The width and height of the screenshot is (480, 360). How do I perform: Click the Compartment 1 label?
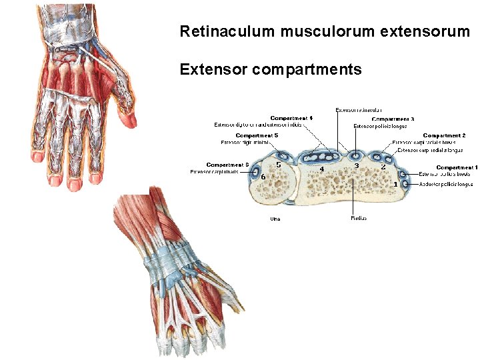[x=457, y=167]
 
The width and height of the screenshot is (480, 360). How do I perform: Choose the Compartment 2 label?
[x=444, y=135]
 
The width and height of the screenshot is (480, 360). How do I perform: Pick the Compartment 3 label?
[x=393, y=119]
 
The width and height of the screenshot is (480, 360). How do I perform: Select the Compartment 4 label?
[x=291, y=118]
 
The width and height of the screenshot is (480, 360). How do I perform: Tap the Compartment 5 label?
[x=257, y=135]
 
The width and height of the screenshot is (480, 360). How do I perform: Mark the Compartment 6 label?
[x=227, y=165]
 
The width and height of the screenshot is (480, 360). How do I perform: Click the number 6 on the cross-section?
[x=263, y=177]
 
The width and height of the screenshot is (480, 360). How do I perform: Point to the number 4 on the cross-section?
[x=322, y=169]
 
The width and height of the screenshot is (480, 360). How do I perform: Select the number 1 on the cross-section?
[x=396, y=183]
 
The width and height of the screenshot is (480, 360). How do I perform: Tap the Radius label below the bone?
[x=358, y=218]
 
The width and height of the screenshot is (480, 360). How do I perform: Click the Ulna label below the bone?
[x=274, y=218]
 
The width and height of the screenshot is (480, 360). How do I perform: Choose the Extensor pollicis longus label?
[x=379, y=125]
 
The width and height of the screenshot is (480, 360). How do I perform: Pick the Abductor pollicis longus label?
[x=446, y=183]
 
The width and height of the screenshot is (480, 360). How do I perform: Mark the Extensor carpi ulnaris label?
[x=214, y=171]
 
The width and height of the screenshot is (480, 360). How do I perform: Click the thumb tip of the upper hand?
[x=131, y=120]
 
